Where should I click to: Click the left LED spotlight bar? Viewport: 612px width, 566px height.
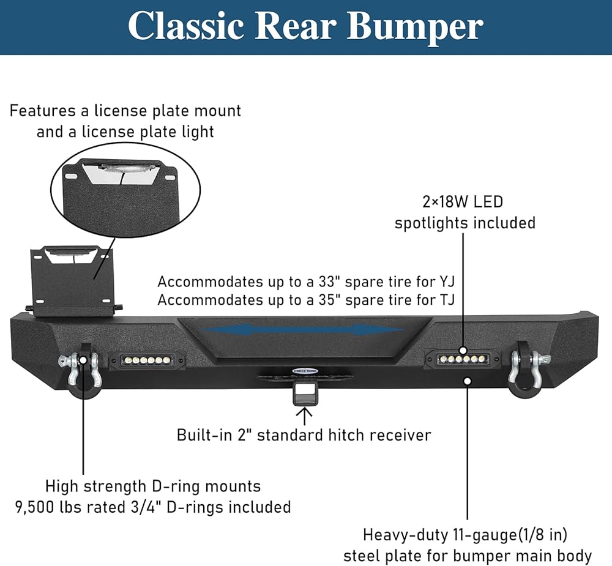click(146, 360)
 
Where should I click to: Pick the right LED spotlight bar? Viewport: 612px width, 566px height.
click(463, 359)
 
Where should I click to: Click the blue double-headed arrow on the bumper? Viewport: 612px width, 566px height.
click(302, 330)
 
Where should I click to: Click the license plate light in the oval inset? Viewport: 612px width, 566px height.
click(123, 168)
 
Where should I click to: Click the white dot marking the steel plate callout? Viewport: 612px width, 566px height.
click(467, 381)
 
